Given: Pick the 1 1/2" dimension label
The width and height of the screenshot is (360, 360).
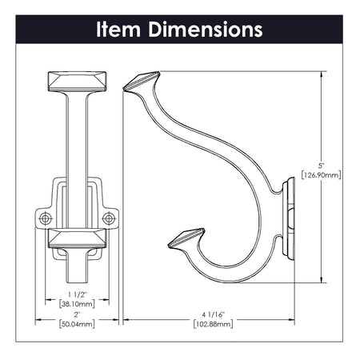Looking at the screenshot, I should pyautogui.click(x=77, y=294).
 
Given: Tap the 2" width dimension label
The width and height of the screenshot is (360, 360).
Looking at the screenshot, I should pyautogui.click(x=77, y=315).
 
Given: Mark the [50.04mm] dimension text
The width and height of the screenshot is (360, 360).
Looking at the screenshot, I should pyautogui.click(x=77, y=324).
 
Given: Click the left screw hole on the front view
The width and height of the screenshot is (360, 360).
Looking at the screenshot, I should pyautogui.click(x=45, y=218).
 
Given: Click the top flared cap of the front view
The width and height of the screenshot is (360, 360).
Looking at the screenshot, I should pyautogui.click(x=77, y=82).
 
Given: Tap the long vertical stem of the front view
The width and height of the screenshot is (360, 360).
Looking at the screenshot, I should pyautogui.click(x=77, y=152).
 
